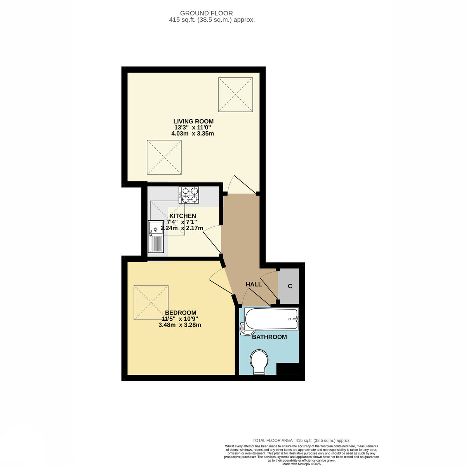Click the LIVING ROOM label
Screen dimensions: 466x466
[193, 121]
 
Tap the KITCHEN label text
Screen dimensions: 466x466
[183, 216]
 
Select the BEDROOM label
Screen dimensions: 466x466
[181, 313]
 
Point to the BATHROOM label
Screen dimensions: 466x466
[269, 337]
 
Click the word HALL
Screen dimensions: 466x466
[254, 284]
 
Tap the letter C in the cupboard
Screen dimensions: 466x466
[290, 286]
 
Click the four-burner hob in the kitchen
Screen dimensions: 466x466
[189, 195]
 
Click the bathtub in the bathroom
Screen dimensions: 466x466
[271, 318]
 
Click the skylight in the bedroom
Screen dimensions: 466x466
[151, 303]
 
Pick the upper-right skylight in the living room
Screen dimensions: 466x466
[235, 94]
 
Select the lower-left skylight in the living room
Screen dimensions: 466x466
[164, 157]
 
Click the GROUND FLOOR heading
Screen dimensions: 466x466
[206, 13]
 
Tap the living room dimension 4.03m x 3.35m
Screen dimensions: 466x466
[193, 134]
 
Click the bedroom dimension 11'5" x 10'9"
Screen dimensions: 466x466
[180, 319]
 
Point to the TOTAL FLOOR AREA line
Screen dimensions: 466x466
[301, 441]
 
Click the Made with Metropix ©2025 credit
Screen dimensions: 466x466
[301, 464]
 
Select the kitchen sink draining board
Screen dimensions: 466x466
[156, 243]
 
